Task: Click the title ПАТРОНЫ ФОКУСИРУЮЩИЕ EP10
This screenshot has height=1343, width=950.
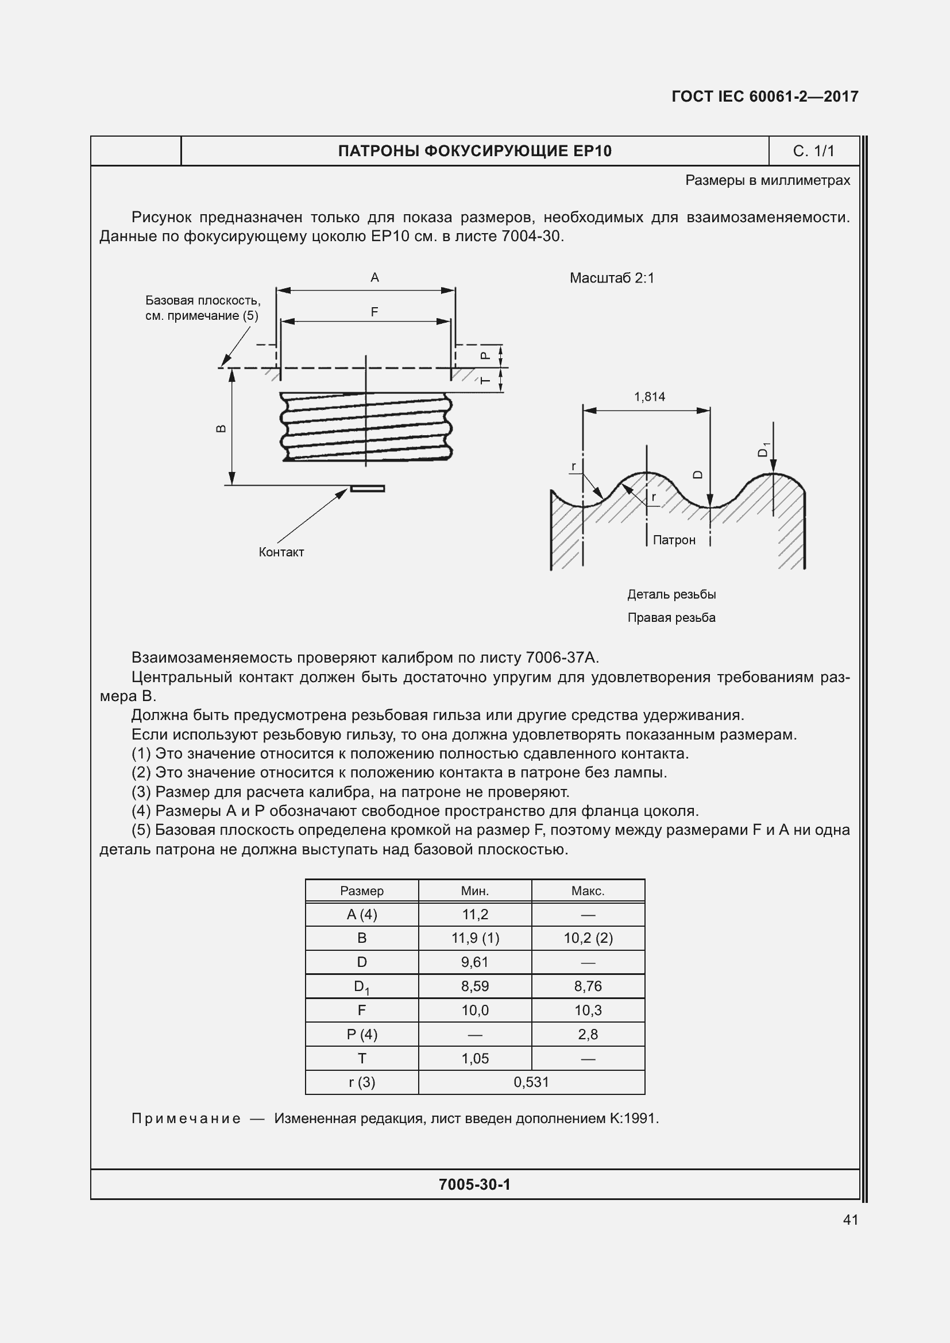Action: click(x=474, y=151)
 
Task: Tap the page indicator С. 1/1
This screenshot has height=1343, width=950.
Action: click(x=813, y=151)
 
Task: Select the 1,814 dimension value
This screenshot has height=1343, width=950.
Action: click(x=650, y=397)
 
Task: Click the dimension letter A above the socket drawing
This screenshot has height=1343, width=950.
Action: click(x=374, y=277)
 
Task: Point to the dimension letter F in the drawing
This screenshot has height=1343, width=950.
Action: click(x=374, y=312)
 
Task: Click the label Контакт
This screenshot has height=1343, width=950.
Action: click(x=281, y=552)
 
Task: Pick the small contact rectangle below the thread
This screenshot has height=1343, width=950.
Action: click(x=368, y=488)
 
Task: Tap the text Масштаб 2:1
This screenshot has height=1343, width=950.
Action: click(x=611, y=278)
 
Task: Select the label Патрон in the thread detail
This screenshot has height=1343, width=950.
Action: click(x=674, y=540)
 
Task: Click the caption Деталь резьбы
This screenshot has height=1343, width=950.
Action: click(x=671, y=594)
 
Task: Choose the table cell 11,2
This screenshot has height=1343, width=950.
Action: click(x=474, y=914)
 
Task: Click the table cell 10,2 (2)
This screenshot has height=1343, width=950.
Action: click(x=588, y=938)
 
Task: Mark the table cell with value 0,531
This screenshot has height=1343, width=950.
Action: click(x=531, y=1082)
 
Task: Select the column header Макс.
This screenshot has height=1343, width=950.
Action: click(x=588, y=891)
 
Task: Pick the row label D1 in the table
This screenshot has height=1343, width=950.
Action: click(x=361, y=987)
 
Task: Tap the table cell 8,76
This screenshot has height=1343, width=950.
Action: click(x=588, y=986)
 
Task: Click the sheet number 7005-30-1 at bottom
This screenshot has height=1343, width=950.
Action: click(x=474, y=1185)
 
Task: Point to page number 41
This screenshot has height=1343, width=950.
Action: click(x=851, y=1220)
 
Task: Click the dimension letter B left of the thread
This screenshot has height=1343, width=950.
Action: click(x=221, y=428)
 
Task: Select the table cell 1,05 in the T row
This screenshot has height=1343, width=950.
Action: click(x=474, y=1058)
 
